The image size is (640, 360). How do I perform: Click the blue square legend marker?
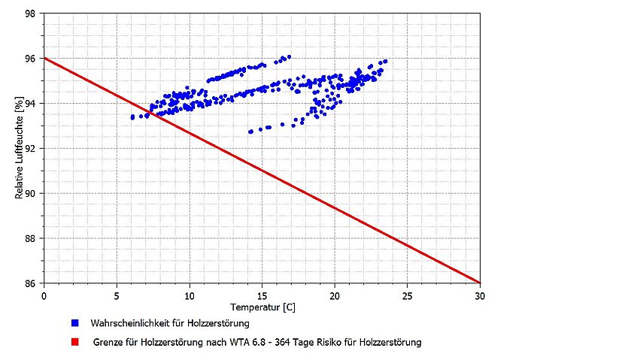click(x=74, y=323)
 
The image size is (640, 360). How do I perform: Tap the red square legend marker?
click(x=74, y=342)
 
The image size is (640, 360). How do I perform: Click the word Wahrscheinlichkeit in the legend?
click(x=126, y=323)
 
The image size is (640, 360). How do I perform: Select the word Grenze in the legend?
click(x=109, y=342)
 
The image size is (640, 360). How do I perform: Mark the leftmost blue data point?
click(x=132, y=117)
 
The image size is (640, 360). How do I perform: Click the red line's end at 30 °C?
click(x=479, y=283)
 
